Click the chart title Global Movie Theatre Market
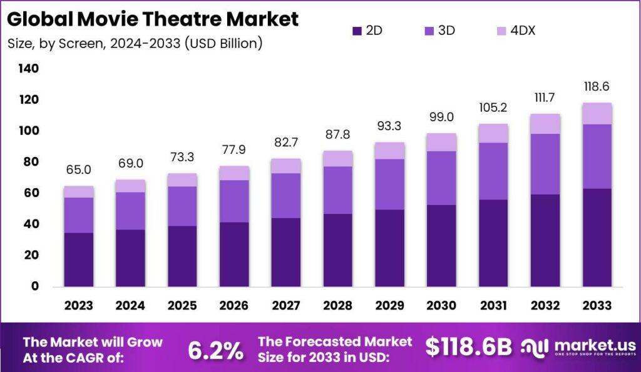point(153,19)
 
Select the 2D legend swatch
point(357,31)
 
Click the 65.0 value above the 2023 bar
point(79,169)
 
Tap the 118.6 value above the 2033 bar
point(597,86)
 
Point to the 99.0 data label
point(441,117)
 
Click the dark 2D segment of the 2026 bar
point(234,254)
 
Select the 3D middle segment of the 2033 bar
point(597,156)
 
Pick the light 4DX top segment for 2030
point(441,143)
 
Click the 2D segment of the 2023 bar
point(79,259)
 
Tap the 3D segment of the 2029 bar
point(389,184)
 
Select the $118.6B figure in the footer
point(469,347)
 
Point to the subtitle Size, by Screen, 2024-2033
point(135,44)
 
